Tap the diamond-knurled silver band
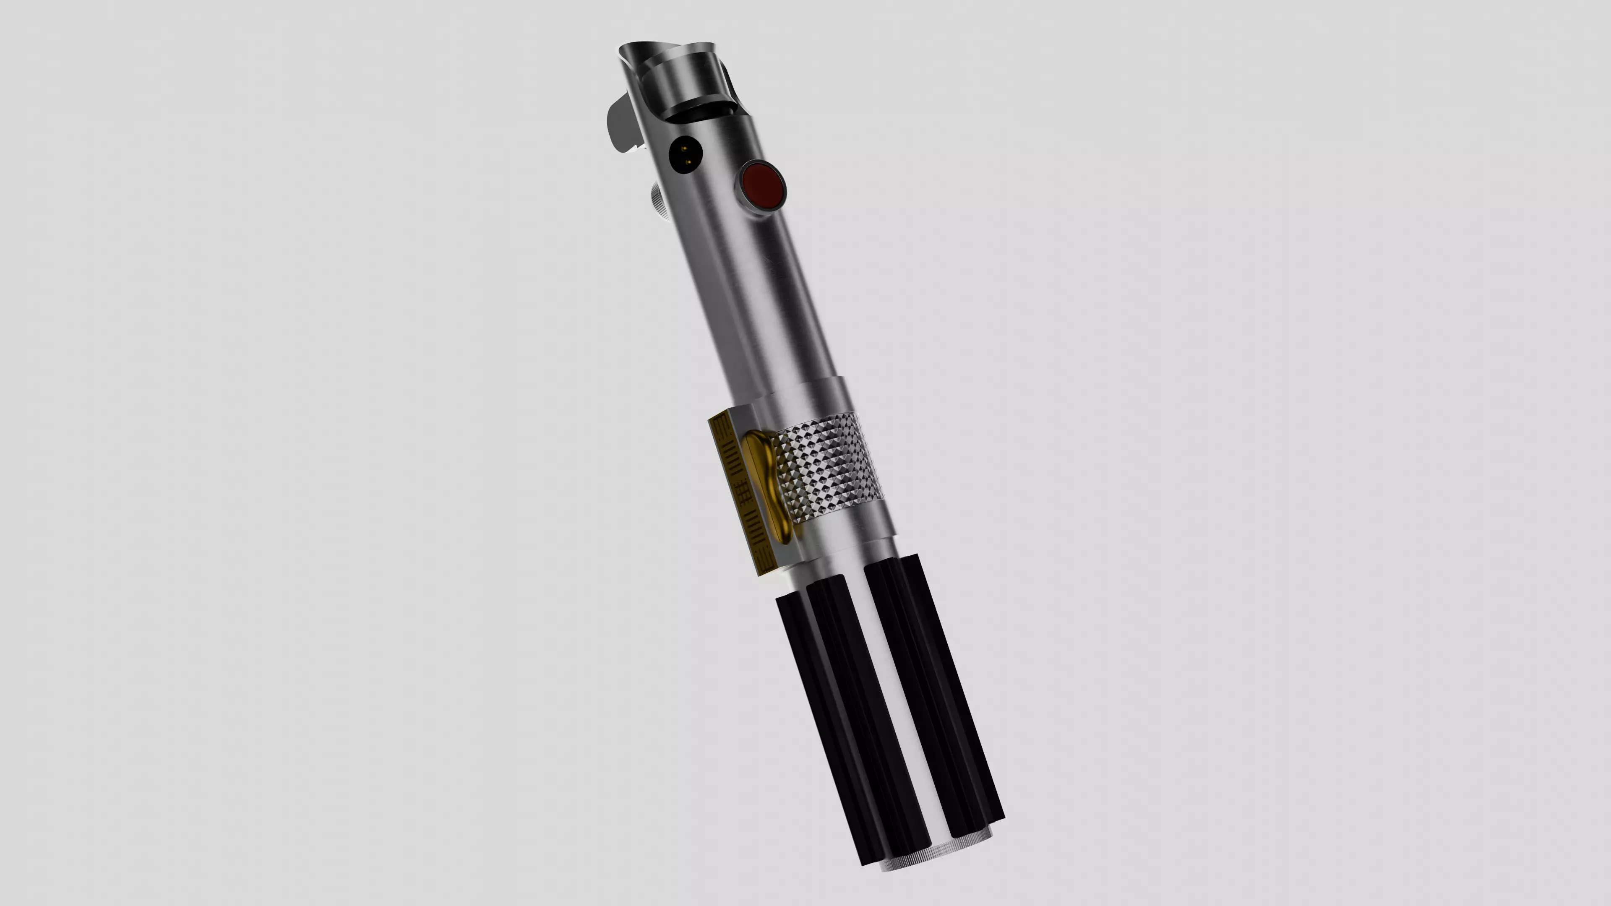[829, 466]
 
